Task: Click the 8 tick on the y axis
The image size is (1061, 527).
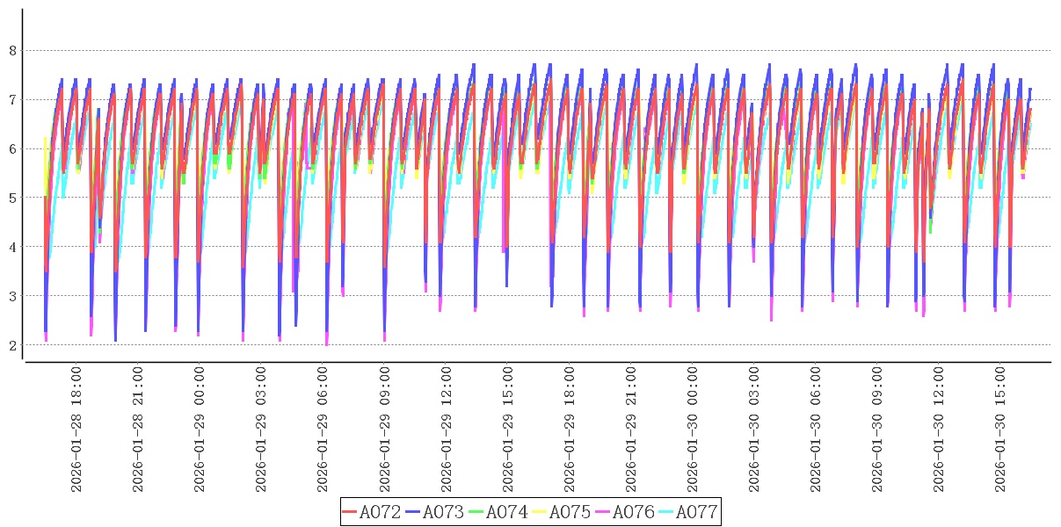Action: (x=13, y=51)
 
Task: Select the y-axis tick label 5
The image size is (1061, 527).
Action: (x=13, y=199)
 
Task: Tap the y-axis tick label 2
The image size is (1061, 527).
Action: (x=13, y=345)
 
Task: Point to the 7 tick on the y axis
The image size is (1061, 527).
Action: (x=13, y=100)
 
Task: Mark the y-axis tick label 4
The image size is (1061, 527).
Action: (x=13, y=248)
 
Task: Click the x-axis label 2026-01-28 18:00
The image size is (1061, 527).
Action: (x=76, y=430)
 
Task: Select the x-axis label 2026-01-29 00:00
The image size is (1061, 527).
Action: (x=200, y=430)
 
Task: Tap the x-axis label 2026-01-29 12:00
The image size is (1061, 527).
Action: (x=446, y=430)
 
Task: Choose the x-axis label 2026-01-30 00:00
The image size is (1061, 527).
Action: (x=692, y=430)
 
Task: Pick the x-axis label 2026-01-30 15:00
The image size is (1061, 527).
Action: (x=999, y=430)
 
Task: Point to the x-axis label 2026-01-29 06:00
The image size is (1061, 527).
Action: (x=323, y=430)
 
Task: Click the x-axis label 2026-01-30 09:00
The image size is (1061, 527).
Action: (x=876, y=430)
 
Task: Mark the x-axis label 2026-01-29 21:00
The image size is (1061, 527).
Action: (x=630, y=430)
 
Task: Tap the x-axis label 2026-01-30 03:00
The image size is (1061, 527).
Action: (x=753, y=430)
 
